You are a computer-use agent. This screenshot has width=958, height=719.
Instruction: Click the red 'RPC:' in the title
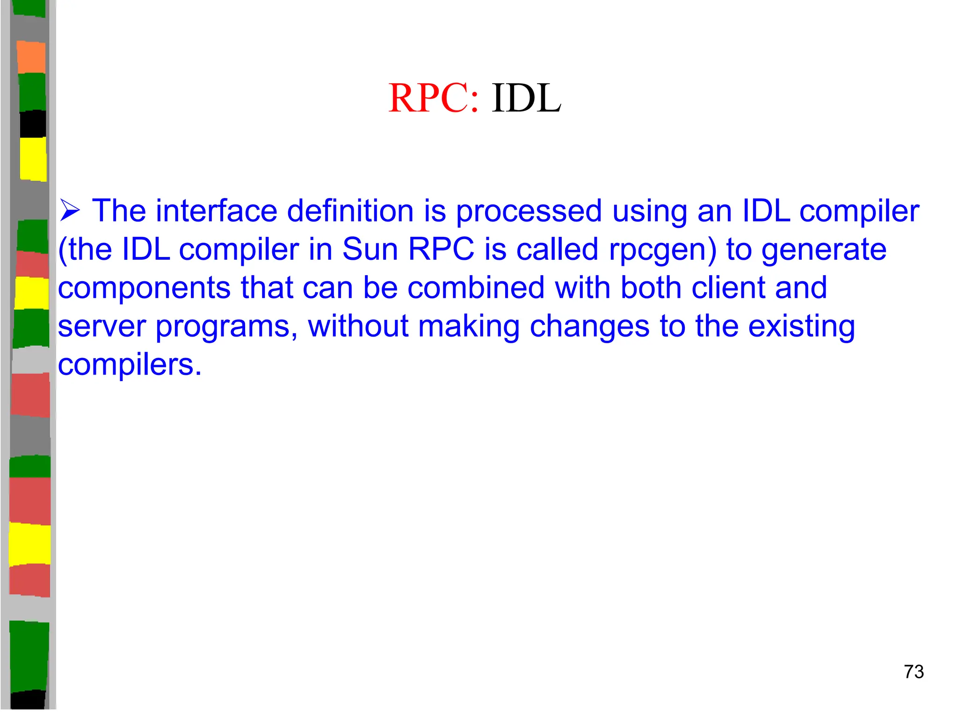[x=433, y=98]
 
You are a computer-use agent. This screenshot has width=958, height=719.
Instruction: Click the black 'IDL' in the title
[x=526, y=98]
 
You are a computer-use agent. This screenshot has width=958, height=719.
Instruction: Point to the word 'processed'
[x=529, y=212]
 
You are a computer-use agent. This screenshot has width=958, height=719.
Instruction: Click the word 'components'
[x=144, y=289]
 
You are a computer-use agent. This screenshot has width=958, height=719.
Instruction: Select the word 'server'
[x=102, y=327]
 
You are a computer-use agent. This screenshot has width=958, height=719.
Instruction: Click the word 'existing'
[x=801, y=327]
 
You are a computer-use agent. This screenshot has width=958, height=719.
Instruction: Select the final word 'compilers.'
[x=130, y=365]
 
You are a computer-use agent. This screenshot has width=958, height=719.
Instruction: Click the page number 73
[x=914, y=672]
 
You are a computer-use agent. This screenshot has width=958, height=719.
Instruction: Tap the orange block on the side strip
[x=31, y=57]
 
